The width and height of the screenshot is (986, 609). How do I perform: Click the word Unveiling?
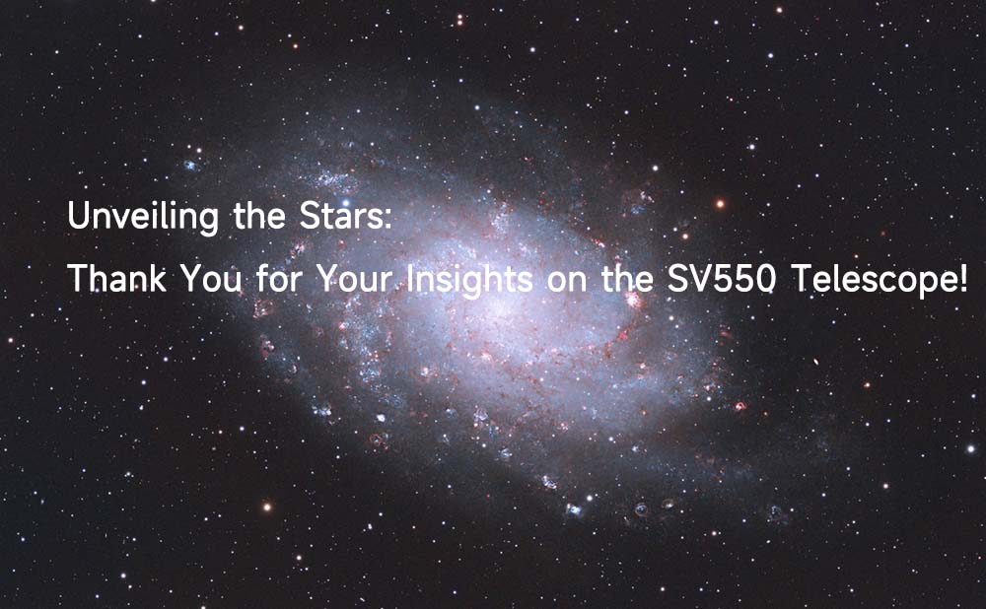tap(143, 218)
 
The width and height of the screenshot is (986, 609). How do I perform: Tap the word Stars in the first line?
tap(340, 215)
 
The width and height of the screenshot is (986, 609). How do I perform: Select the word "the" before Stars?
tap(259, 215)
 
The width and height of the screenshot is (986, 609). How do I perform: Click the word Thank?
tap(116, 279)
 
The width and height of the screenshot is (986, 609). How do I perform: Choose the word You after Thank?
tap(211, 279)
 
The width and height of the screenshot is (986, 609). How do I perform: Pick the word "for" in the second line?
tap(279, 279)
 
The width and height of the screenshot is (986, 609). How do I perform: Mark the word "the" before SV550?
tap(627, 279)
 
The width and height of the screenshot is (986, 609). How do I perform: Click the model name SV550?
tap(721, 279)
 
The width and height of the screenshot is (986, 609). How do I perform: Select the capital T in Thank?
tap(78, 279)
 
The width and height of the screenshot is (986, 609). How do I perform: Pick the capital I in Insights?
tap(410, 279)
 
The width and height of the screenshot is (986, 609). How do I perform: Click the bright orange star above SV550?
tap(720, 204)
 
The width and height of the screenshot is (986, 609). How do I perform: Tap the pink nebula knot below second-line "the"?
tap(634, 301)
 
